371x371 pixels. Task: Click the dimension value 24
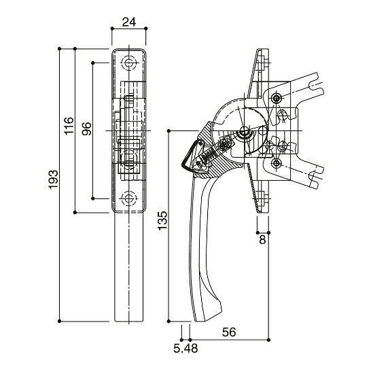pos(129,22)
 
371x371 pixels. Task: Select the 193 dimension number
pos(53,179)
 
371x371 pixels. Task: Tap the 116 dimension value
pos(69,126)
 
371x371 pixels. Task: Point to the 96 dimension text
pos(86,128)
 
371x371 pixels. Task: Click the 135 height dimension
pos(162,221)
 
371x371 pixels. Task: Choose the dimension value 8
pos(263,240)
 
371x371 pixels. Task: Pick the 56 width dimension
pos(229,332)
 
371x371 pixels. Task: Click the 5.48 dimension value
pos(185,349)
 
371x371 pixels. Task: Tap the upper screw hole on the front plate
pos(129,63)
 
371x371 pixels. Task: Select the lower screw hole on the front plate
pos(129,198)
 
